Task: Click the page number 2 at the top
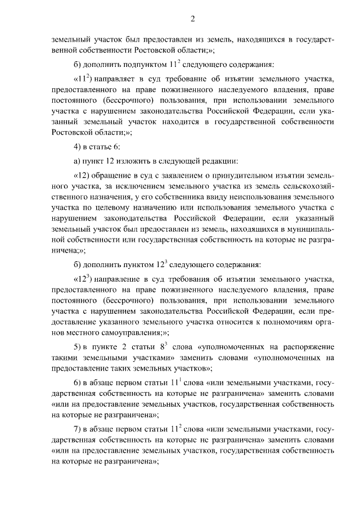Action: [192, 20]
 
